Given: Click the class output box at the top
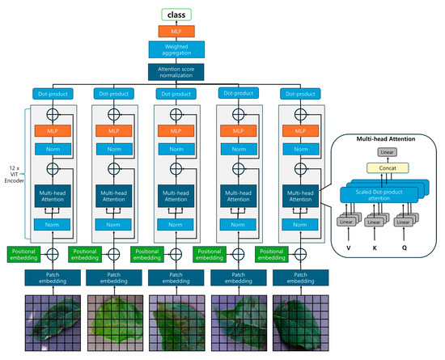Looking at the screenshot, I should point(175,15).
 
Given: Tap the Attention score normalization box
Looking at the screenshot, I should point(175,72).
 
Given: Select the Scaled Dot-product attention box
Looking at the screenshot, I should point(387,192).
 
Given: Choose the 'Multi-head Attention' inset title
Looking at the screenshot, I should point(387,140).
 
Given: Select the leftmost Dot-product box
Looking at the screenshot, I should point(51,95).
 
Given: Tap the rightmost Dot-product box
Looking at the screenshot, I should point(297,95).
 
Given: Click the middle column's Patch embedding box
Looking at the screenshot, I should point(175,277).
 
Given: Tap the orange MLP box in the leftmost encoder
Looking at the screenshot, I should point(51,131).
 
